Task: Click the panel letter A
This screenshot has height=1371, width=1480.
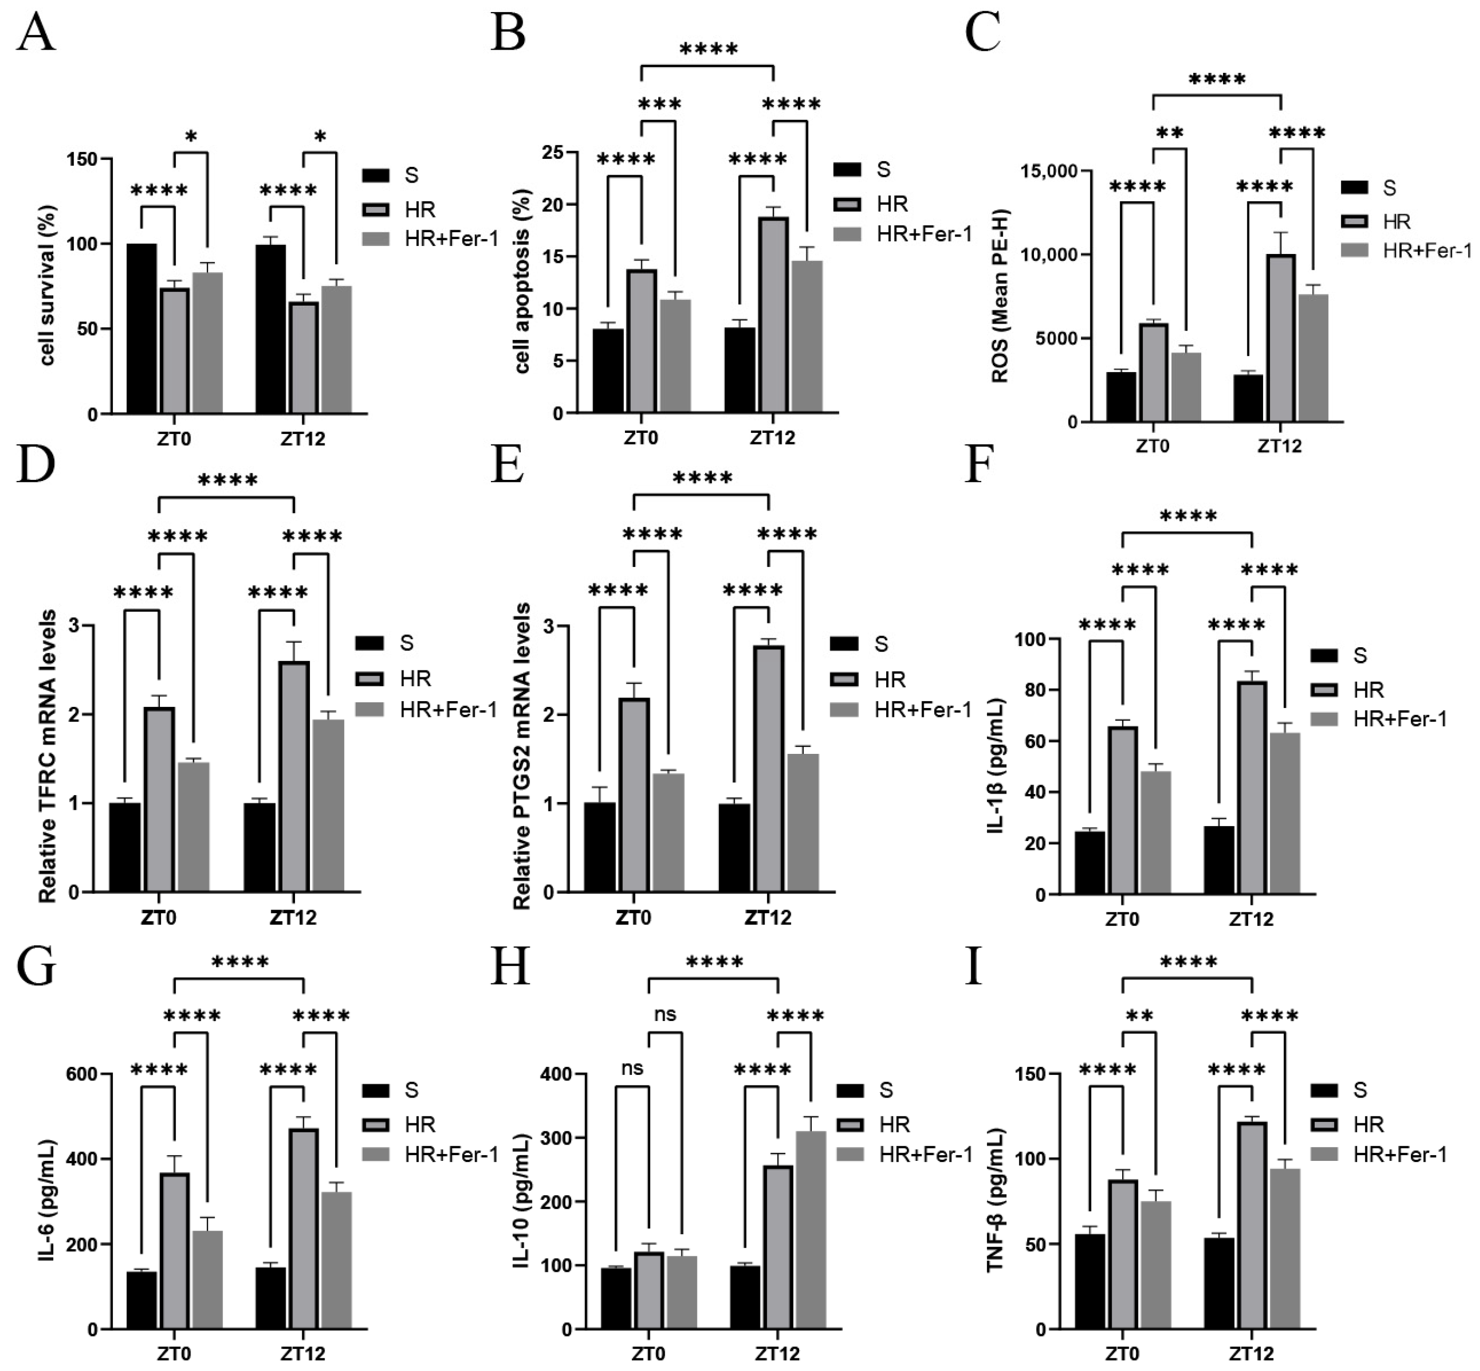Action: pos(35,33)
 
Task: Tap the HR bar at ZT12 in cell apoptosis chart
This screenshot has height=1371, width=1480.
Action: pos(773,315)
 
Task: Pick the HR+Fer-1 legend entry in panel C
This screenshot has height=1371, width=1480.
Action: pos(1406,251)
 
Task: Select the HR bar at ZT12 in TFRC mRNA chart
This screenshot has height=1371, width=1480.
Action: pos(294,776)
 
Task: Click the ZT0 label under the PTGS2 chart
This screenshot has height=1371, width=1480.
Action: pos(633,917)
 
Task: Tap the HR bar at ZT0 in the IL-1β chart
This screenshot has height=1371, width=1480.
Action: pos(1123,810)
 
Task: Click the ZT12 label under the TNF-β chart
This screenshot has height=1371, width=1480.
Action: pos(1251,1354)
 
